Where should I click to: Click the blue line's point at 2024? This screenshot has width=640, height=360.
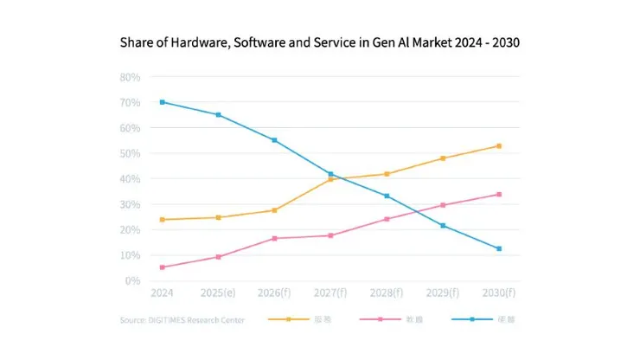tap(163, 102)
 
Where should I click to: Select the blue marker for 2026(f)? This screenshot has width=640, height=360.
tap(274, 140)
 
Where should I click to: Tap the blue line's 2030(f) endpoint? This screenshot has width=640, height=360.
tap(498, 249)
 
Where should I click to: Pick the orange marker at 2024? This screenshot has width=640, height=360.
tap(163, 220)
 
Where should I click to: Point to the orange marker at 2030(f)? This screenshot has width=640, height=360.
tap(498, 146)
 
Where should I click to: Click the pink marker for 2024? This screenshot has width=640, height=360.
tap(163, 267)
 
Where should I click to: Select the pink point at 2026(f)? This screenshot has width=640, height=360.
tap(274, 238)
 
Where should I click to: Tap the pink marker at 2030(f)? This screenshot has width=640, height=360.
tap(498, 195)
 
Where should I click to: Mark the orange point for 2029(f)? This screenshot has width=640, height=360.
tap(443, 158)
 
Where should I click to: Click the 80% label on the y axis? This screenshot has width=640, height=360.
tap(130, 77)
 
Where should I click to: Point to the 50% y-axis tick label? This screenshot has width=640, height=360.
tap(130, 153)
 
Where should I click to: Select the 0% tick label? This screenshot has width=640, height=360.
tap(132, 281)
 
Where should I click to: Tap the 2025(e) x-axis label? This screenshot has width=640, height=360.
tap(218, 294)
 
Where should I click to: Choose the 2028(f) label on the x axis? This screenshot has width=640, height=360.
tap(387, 294)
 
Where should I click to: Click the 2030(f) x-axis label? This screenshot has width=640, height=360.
tap(498, 294)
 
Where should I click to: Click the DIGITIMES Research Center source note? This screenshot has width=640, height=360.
tap(182, 320)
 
